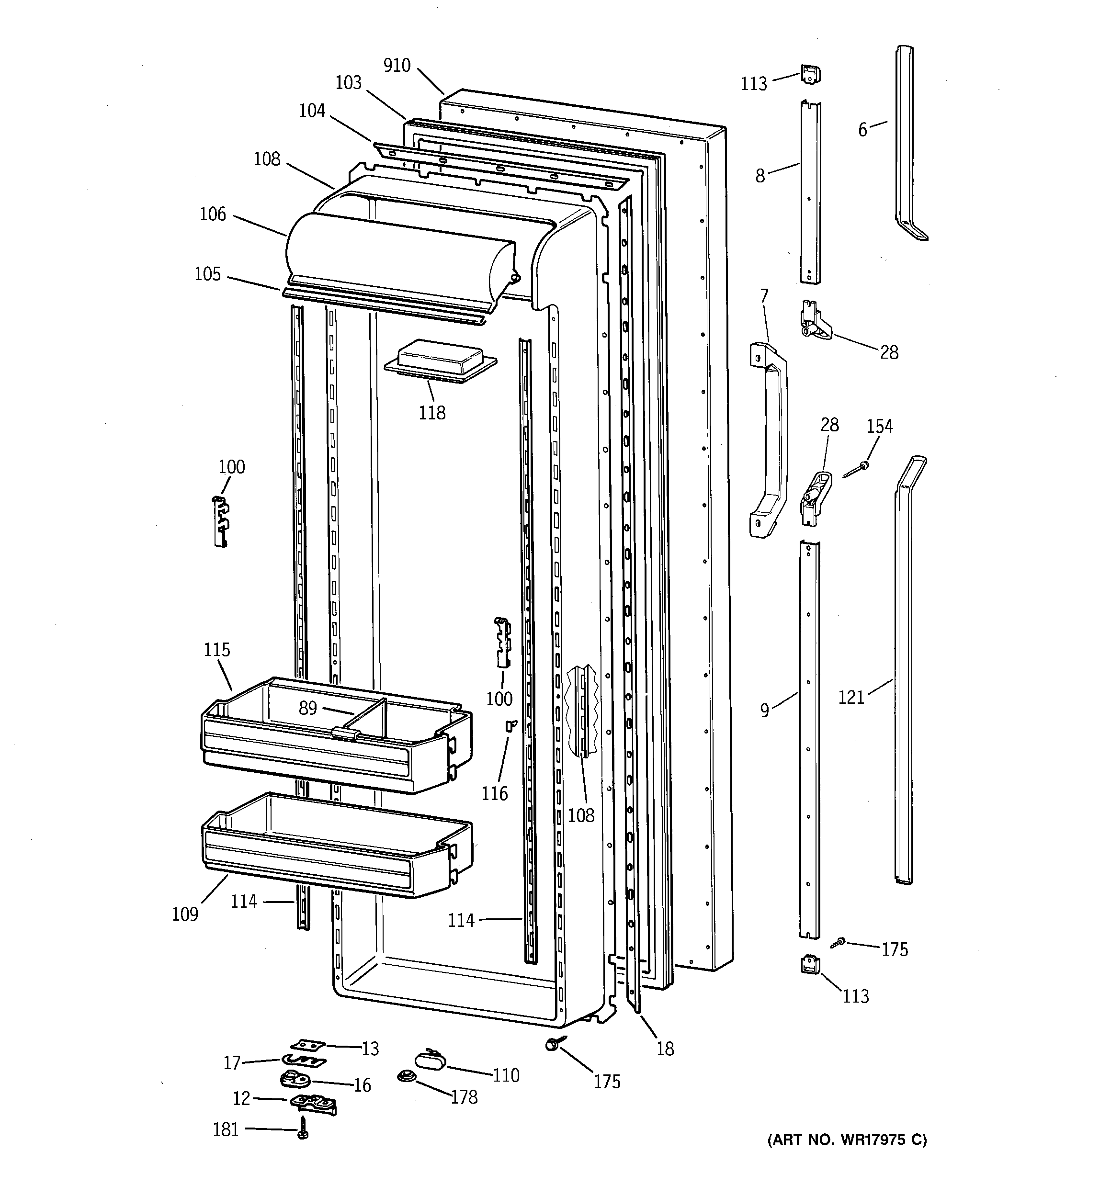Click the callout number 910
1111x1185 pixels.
[x=397, y=65]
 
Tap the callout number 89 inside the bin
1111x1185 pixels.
[x=307, y=708]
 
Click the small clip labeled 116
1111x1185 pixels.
[x=510, y=725]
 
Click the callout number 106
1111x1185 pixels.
[x=213, y=214]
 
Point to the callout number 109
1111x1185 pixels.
[x=185, y=914]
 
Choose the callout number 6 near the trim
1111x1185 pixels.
[x=862, y=129]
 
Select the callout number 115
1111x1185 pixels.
[x=216, y=650]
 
